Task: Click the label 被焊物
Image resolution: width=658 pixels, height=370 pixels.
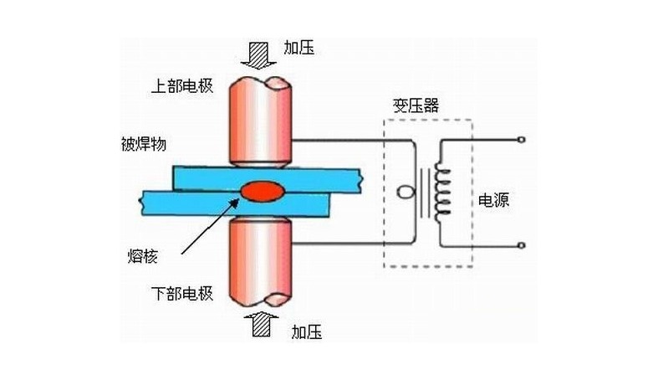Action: tap(135, 141)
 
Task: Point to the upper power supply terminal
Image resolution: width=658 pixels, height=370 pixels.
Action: tap(522, 138)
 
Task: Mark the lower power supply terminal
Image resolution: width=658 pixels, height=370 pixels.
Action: tap(522, 245)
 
